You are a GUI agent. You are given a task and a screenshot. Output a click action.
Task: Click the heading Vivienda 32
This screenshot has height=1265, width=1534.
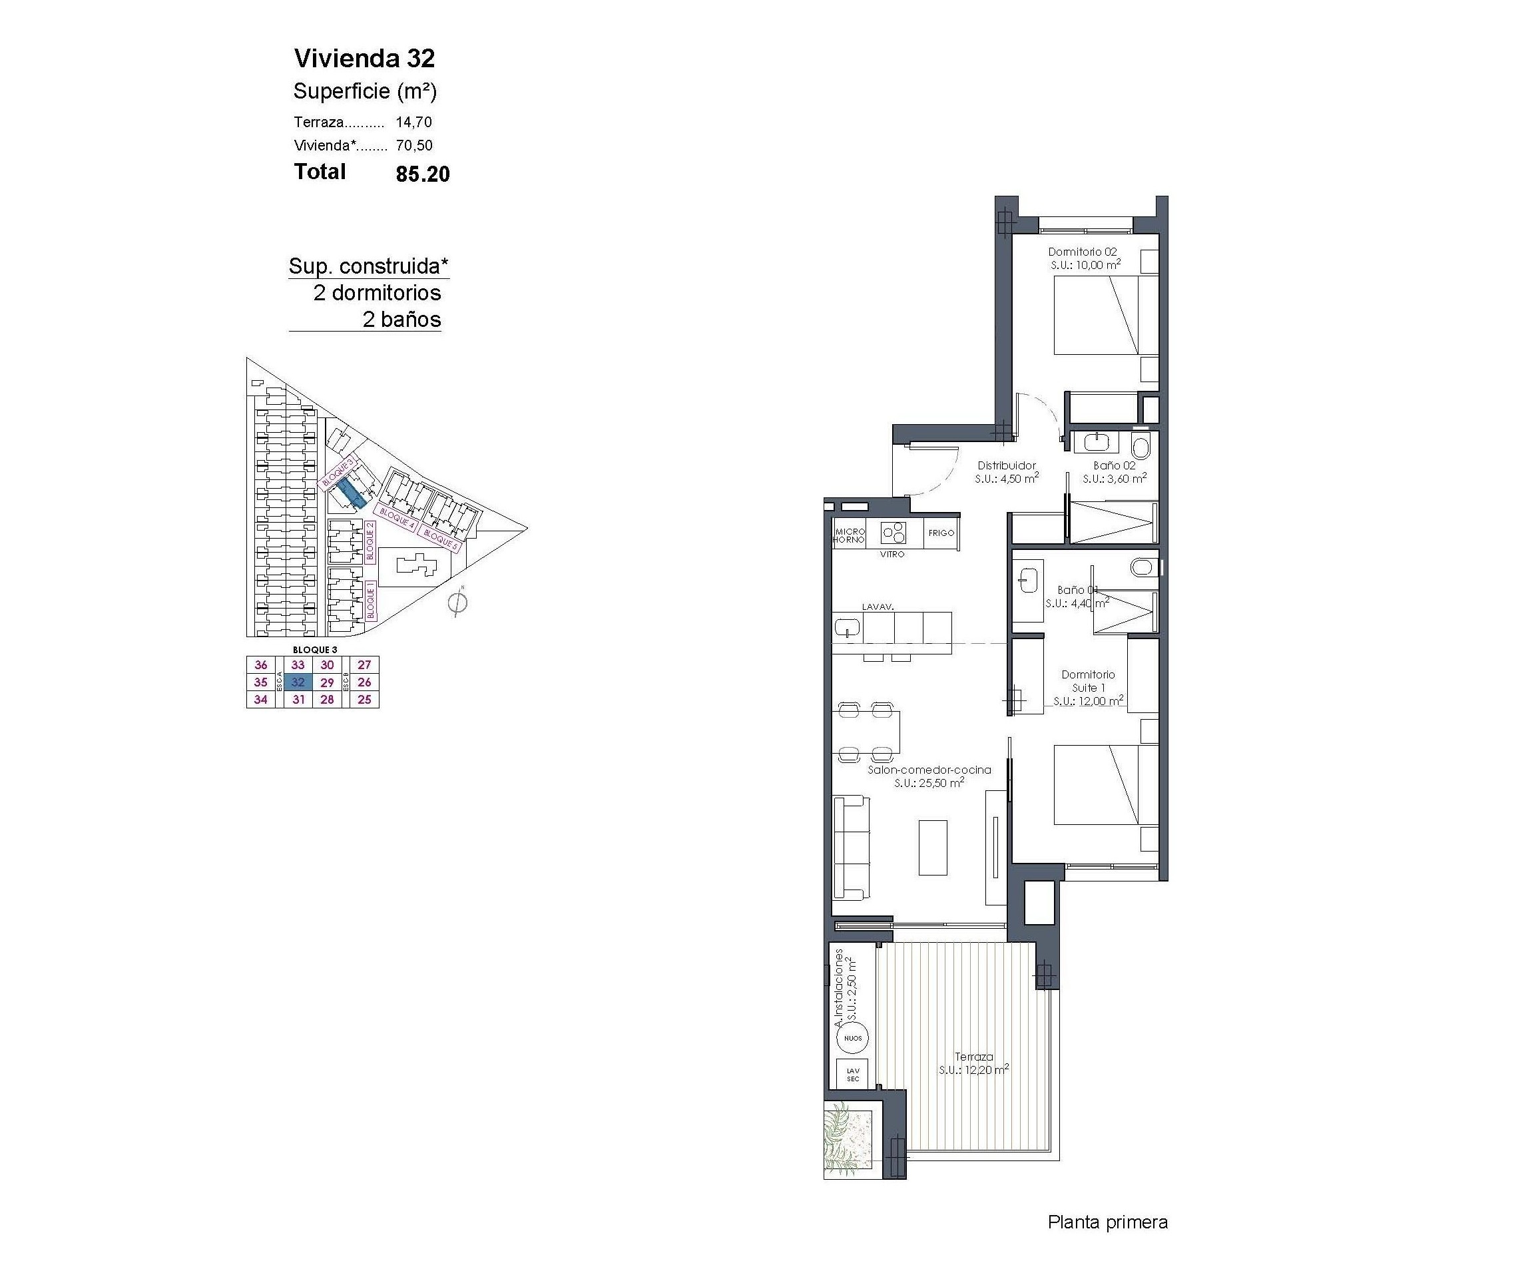point(364,59)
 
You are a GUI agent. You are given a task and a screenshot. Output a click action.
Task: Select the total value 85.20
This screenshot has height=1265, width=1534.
point(423,174)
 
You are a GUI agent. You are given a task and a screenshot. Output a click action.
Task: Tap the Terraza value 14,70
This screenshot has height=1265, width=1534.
point(414,123)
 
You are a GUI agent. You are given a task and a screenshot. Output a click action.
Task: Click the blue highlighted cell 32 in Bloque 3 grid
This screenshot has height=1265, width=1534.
point(298,682)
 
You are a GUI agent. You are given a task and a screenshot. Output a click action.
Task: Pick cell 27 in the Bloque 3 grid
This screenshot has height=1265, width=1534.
point(364,664)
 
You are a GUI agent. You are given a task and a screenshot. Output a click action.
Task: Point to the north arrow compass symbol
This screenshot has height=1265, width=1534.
point(457,603)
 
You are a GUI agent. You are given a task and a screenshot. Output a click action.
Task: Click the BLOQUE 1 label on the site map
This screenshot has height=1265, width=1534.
point(371,600)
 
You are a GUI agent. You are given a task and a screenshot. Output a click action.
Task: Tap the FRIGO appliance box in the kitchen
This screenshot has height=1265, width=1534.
point(941,533)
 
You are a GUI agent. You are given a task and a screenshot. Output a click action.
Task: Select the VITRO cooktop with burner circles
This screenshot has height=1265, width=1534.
point(893,533)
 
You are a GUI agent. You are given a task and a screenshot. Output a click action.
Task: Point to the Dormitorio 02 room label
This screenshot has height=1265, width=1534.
point(1081,252)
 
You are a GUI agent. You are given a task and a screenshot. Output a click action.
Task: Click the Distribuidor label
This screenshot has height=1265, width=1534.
point(1007,465)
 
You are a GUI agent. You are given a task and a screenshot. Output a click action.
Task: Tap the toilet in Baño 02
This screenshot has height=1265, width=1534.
point(1141,444)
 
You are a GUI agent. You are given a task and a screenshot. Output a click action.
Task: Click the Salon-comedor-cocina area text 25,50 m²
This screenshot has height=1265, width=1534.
point(929,782)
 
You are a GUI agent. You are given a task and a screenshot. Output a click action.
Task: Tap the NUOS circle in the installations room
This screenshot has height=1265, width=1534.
point(853,1038)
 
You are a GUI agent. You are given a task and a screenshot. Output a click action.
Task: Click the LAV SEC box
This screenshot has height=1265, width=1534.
point(853,1075)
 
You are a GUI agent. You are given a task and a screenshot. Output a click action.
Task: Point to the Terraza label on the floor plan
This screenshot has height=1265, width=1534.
point(973,1057)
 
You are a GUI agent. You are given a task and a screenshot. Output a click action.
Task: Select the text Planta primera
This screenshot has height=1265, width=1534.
point(1107,1222)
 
